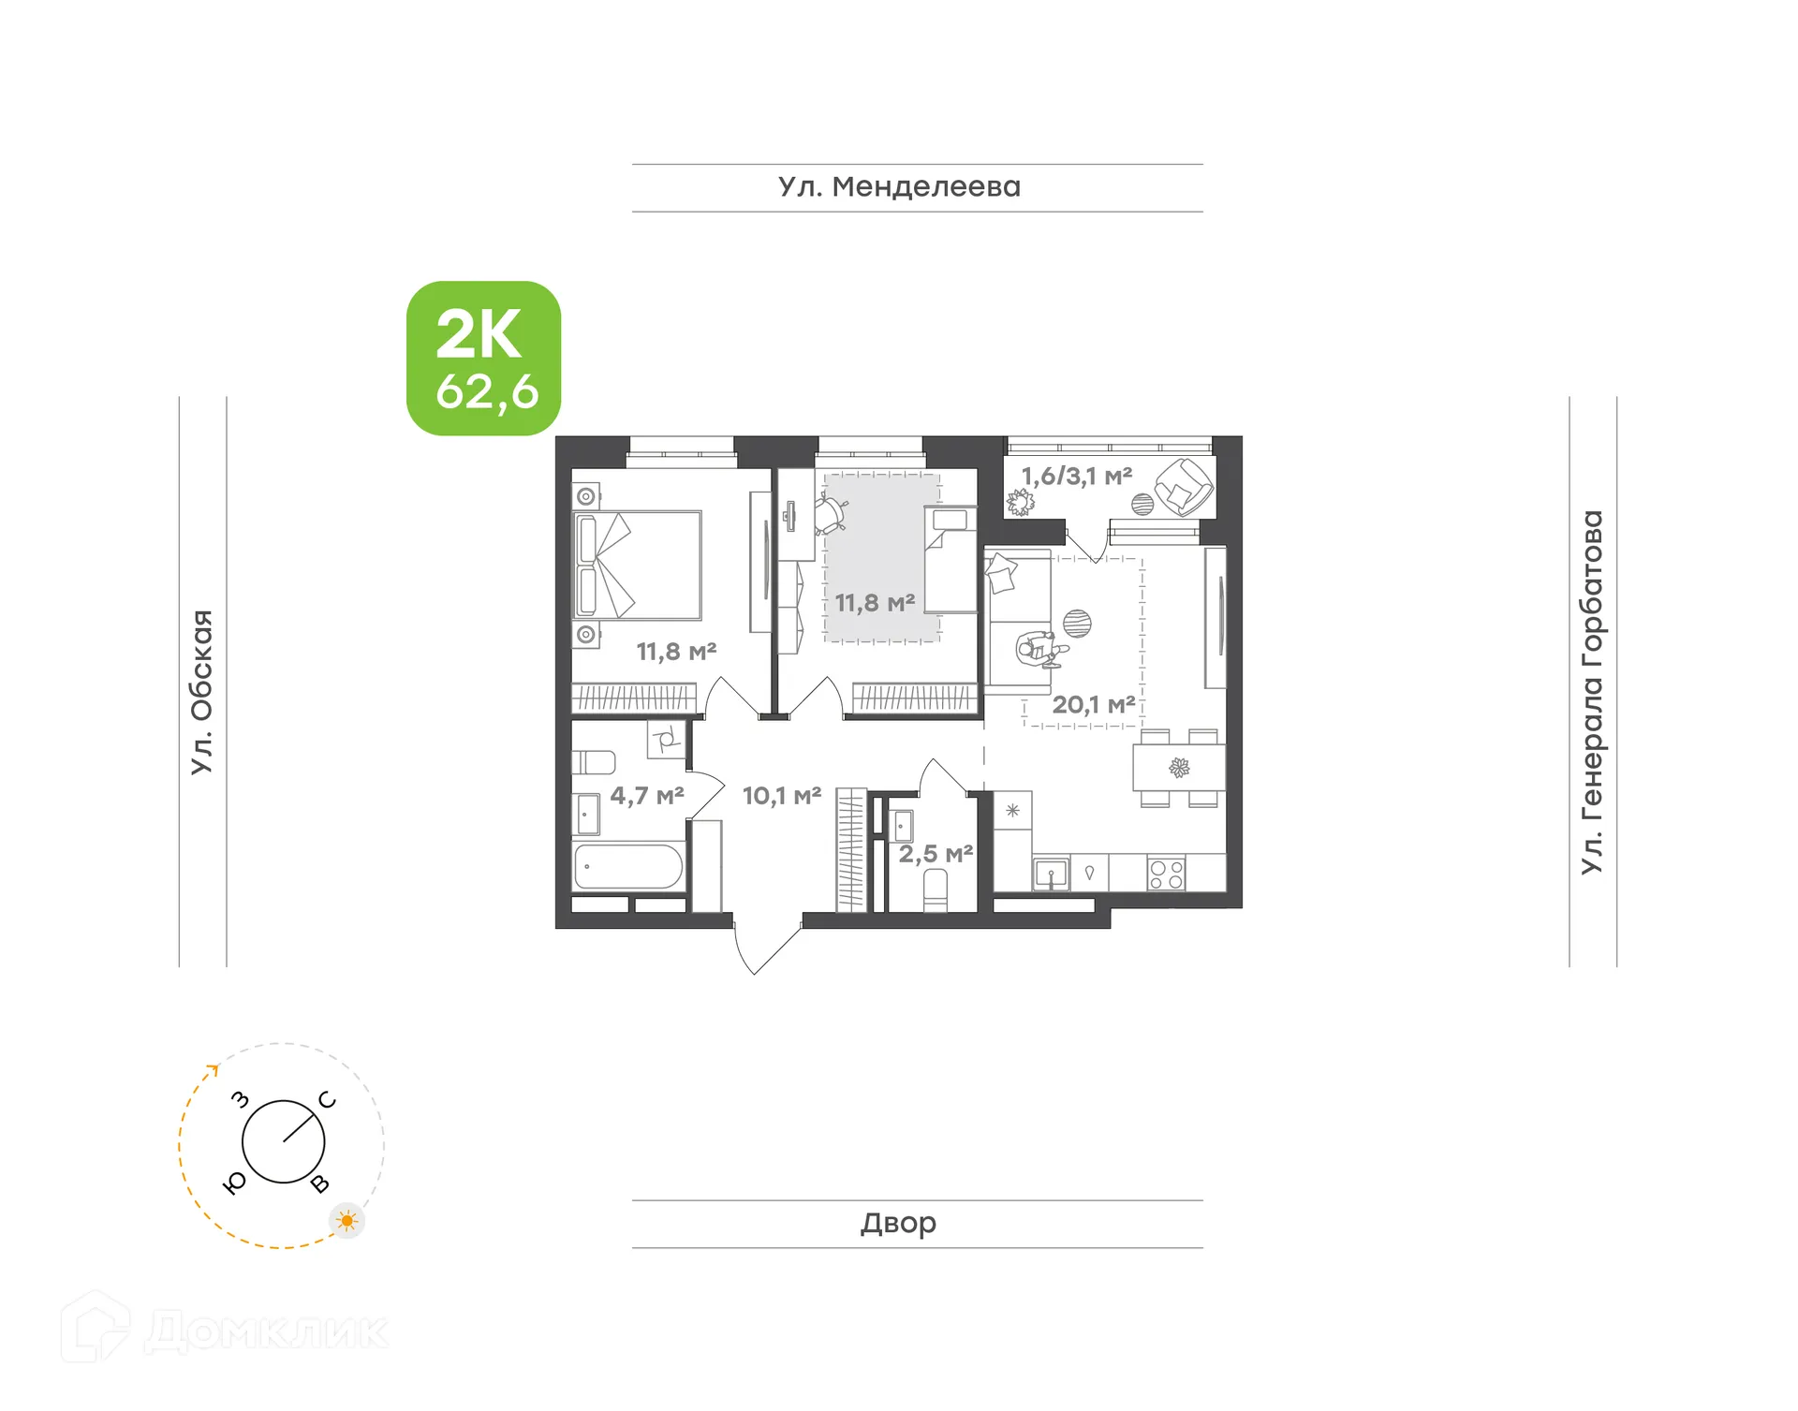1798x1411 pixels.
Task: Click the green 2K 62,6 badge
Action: point(483,359)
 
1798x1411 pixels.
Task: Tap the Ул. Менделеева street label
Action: point(898,187)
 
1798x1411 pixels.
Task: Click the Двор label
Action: point(898,1223)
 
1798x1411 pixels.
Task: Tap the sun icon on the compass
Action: point(347,1221)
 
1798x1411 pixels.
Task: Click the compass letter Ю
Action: point(235,1183)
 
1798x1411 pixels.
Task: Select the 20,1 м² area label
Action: point(1093,705)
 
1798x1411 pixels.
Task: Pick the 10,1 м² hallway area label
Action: point(782,796)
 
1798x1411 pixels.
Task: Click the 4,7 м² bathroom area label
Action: point(646,796)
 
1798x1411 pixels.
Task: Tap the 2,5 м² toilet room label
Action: point(936,854)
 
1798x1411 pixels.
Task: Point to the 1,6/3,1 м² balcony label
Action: point(1076,477)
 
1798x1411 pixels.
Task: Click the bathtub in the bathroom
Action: point(628,867)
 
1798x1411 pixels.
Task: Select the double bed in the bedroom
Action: point(638,565)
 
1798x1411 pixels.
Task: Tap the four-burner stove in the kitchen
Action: point(1166,875)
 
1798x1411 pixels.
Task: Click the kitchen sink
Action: point(1051,875)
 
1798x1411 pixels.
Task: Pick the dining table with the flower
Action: point(1179,769)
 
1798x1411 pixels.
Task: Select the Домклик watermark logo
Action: point(225,1330)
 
